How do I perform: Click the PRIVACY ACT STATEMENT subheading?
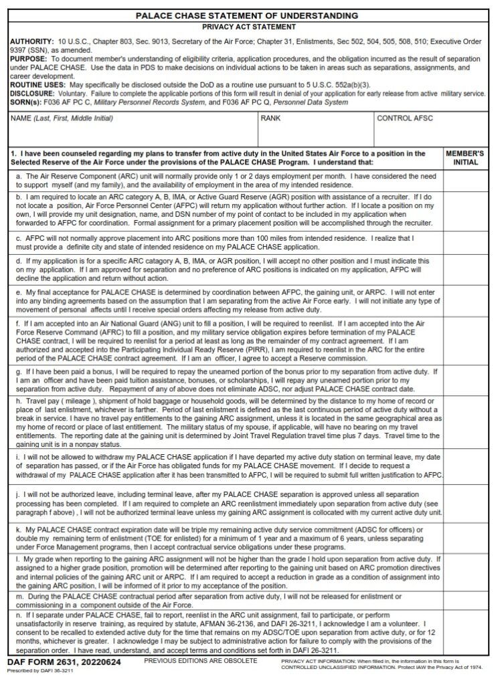248,27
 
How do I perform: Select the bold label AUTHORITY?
28,42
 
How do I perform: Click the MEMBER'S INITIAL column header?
466,158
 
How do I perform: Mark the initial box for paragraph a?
466,180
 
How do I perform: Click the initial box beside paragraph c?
466,242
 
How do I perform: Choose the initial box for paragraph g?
466,379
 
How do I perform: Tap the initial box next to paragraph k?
466,537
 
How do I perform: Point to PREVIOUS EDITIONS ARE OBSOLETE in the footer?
201,661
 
